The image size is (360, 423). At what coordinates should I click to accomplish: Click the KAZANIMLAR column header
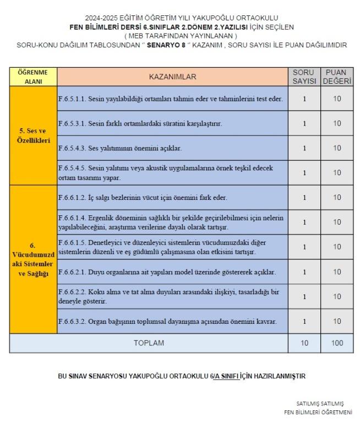click(172, 77)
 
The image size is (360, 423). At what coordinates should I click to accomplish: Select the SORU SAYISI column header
click(304, 77)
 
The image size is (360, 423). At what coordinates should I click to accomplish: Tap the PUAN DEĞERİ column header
click(337, 77)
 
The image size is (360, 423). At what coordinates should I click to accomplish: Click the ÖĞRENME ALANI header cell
click(33, 77)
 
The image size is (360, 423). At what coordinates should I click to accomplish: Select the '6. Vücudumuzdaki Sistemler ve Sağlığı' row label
click(33, 259)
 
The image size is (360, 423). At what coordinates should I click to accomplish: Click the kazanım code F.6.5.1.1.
click(72, 99)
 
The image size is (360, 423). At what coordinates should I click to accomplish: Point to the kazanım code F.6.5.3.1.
click(72, 123)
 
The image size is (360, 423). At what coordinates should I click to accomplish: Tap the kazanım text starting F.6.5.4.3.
click(119, 148)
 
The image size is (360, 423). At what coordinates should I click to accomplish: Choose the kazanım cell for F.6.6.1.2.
click(172, 197)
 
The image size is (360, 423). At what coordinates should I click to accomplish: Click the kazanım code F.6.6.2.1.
click(72, 272)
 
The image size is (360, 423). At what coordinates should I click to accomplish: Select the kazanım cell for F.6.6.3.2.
click(172, 321)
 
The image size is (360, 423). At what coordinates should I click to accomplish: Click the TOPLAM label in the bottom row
click(149, 343)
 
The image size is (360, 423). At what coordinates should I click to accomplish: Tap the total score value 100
click(337, 343)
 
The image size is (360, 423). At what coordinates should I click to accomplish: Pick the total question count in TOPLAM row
click(304, 343)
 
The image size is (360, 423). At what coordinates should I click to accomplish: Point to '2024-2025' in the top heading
click(100, 18)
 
